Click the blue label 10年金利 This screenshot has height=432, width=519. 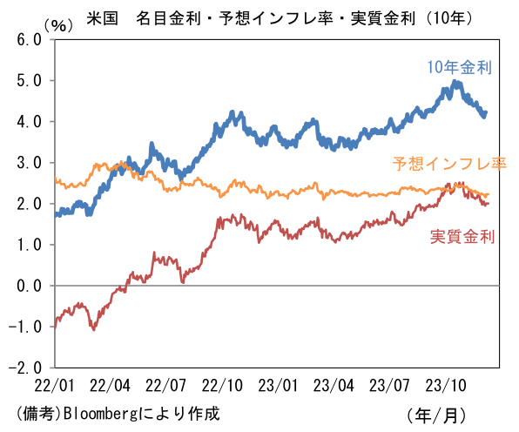pyautogui.click(x=460, y=67)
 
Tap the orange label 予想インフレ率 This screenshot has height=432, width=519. pyautogui.click(x=449, y=164)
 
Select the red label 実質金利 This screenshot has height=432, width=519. pyautogui.click(x=462, y=237)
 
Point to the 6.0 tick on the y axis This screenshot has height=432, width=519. pyautogui.click(x=29, y=40)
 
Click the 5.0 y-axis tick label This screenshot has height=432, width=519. pyautogui.click(x=29, y=81)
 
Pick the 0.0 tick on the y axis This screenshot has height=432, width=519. pyautogui.click(x=29, y=286)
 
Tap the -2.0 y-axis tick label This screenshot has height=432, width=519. pyautogui.click(x=25, y=368)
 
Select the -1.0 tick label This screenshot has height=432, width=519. pyautogui.click(x=25, y=327)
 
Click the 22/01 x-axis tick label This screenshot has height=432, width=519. pyautogui.click(x=54, y=386)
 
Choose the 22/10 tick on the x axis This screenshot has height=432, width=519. pyautogui.click(x=222, y=386)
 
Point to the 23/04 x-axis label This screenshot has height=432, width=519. pyautogui.click(x=334, y=386)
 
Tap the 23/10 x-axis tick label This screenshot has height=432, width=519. pyautogui.click(x=446, y=386)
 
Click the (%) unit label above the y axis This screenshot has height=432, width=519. pyautogui.click(x=58, y=25)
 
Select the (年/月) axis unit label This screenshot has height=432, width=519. pyautogui.click(x=436, y=415)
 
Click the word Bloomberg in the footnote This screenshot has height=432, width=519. pyautogui.click(x=100, y=414)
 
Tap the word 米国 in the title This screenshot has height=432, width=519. pyautogui.click(x=102, y=18)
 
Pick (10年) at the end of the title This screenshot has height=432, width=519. pyautogui.click(x=448, y=18)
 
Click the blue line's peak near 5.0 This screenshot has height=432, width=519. pyautogui.click(x=455, y=81)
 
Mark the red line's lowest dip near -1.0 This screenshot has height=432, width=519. pyautogui.click(x=94, y=329)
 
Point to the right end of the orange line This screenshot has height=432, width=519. pyautogui.click(x=489, y=194)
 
